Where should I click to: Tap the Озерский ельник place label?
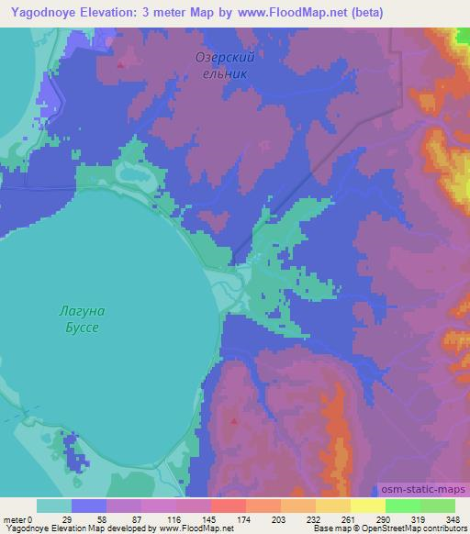point(224,64)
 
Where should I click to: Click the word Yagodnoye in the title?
point(42,13)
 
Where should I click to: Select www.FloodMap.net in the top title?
point(288,13)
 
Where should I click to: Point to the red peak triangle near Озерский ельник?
point(121,64)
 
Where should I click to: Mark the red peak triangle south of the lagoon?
point(235,422)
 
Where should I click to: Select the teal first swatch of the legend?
point(53,506)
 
